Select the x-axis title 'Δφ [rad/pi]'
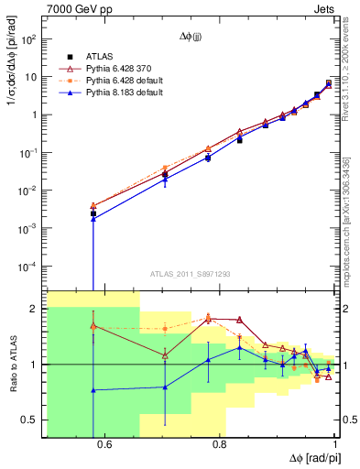(311, 457)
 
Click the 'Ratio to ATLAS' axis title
(11, 365)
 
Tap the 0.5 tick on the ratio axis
(31, 420)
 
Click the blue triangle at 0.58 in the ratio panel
(93, 389)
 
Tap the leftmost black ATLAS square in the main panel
(93, 213)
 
